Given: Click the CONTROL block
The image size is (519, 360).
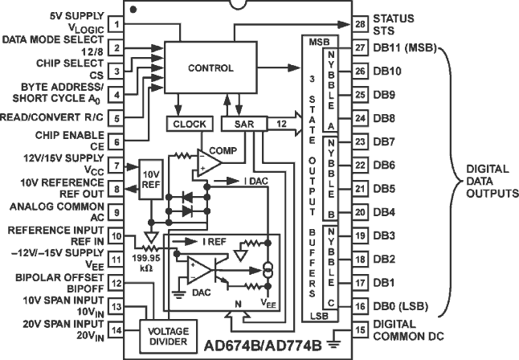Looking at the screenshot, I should [x=210, y=68].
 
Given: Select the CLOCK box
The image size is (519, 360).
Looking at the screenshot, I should [x=187, y=124].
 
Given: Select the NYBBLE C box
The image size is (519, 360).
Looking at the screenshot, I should [x=329, y=264].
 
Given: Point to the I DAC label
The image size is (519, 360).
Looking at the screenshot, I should [x=258, y=182].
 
